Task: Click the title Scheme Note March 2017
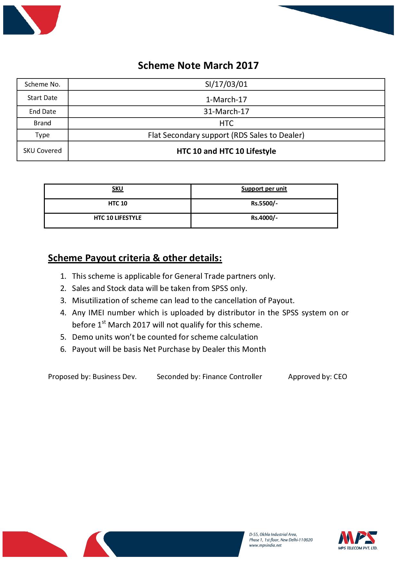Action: point(198,66)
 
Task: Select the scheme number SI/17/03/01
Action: point(226,84)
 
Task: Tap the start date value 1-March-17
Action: point(226,99)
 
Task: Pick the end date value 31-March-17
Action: point(226,112)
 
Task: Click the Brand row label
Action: point(42,123)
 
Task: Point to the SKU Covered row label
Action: point(42,151)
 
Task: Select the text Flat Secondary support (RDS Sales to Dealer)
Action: point(226,135)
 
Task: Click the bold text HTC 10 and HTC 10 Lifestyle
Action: point(226,151)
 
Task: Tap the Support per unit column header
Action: point(264,189)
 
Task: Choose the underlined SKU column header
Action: point(117,189)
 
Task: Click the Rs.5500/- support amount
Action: point(264,203)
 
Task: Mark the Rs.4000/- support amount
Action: point(264,218)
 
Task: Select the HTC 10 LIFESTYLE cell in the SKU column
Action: point(117,218)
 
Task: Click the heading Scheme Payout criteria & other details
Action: point(135,258)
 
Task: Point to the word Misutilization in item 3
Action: point(93,301)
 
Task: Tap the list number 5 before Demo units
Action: point(63,337)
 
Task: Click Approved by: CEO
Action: point(317,377)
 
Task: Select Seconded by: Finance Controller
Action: point(209,377)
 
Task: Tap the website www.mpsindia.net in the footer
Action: point(265,545)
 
